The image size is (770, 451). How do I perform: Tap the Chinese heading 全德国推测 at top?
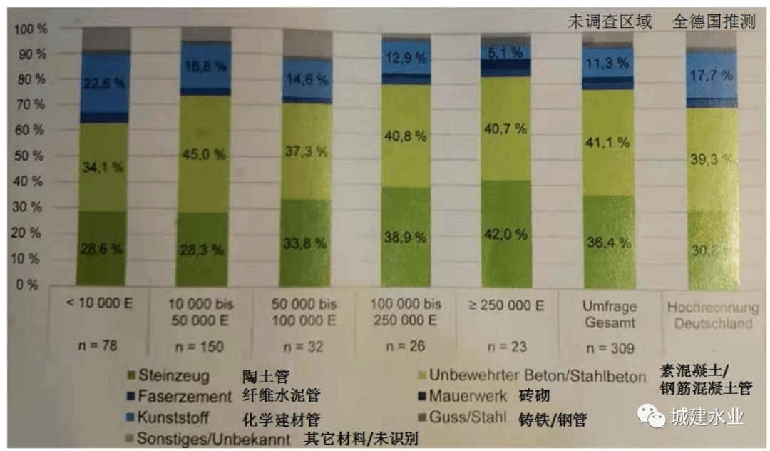714,21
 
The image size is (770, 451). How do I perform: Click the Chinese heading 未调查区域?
610,21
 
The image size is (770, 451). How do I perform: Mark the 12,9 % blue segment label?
406,57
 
